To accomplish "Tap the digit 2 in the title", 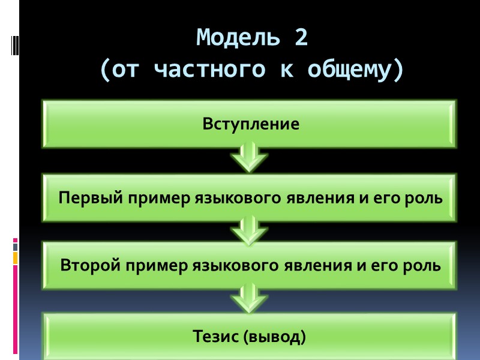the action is pyautogui.click(x=300, y=38).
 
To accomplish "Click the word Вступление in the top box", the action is pyautogui.click(x=250, y=125).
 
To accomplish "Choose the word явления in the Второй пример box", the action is pyautogui.click(x=326, y=265).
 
